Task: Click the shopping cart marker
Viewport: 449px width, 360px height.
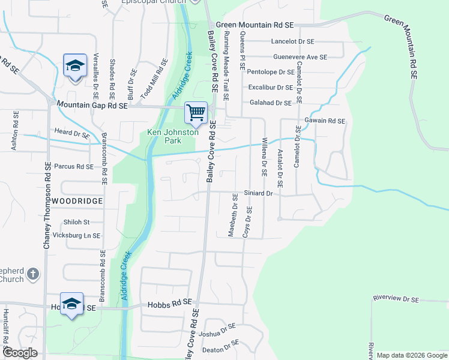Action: [x=196, y=112]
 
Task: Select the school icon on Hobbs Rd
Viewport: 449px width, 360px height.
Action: [x=71, y=304]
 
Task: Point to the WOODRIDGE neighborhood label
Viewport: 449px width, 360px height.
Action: [x=77, y=201]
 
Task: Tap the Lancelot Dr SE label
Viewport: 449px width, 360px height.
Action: [x=293, y=41]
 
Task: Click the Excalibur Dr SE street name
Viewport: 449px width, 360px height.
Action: [x=271, y=88]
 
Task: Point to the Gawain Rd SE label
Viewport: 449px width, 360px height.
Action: [x=325, y=121]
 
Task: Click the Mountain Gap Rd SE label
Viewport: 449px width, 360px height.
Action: [x=92, y=105]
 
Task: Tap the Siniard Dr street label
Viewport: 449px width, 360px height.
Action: [x=258, y=194]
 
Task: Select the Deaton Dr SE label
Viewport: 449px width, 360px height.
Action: [x=221, y=346]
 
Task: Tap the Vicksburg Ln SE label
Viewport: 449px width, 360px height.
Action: [x=76, y=236]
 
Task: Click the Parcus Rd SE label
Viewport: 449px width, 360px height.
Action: [x=74, y=166]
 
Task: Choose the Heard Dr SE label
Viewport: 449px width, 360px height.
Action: [x=71, y=132]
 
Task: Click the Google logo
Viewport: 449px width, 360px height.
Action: [x=20, y=353]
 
